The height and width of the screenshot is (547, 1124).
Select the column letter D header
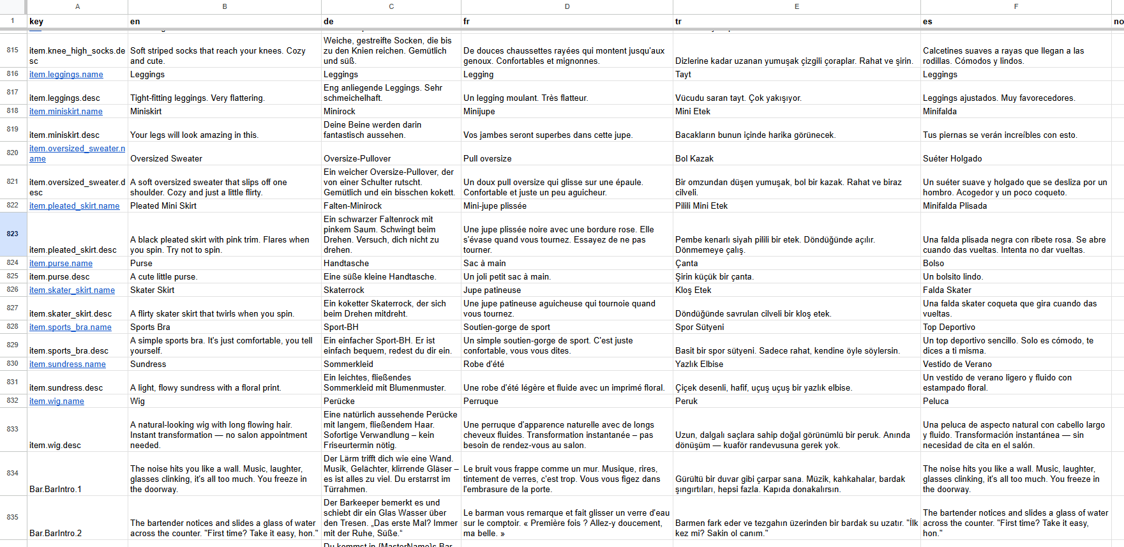click(x=567, y=6)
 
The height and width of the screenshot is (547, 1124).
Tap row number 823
click(x=13, y=234)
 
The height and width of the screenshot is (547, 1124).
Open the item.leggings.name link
click(x=66, y=75)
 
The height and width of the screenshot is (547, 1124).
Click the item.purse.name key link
click(x=61, y=264)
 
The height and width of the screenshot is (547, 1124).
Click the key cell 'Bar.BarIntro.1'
click(x=56, y=490)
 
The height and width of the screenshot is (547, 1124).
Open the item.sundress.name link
click(x=68, y=364)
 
